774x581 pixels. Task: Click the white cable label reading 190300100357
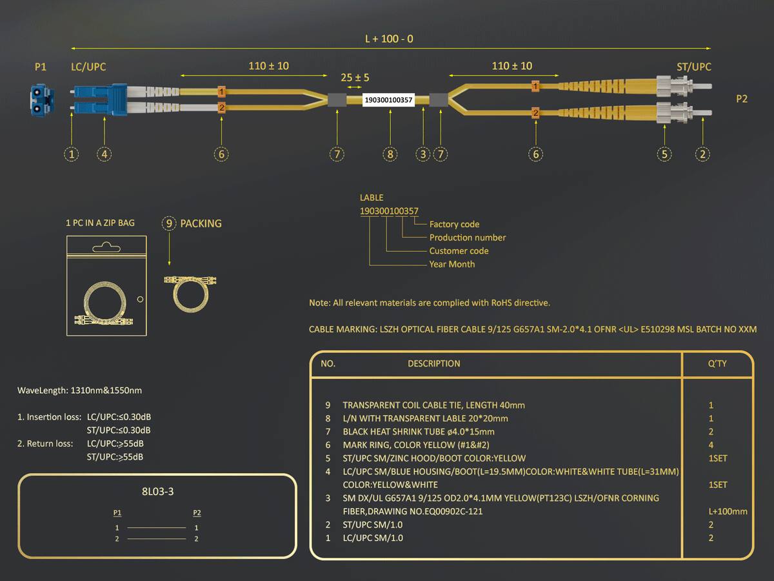tap(388, 100)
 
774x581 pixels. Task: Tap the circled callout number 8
tap(390, 154)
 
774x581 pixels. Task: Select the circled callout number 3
tap(422, 154)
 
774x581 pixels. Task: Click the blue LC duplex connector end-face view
tap(42, 100)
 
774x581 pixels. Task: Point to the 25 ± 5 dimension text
tap(355, 77)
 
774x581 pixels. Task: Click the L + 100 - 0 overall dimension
tap(389, 39)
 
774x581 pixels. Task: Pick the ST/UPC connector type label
tap(693, 66)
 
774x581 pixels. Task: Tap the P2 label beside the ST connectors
tap(742, 99)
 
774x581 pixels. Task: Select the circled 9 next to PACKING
tap(169, 223)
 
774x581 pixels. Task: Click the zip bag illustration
tap(106, 285)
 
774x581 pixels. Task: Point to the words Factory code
tap(454, 224)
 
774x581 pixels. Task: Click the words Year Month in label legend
tap(451, 264)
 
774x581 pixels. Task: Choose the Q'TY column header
tap(717, 363)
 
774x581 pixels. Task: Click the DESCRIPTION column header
tap(433, 363)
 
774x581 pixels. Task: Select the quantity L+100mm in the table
tap(728, 511)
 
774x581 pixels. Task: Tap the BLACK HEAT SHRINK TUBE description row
tap(419, 432)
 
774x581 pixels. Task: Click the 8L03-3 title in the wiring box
tap(157, 491)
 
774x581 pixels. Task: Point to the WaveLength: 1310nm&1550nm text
tap(80, 391)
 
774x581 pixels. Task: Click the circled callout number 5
tap(664, 154)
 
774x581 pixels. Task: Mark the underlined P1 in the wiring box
tap(117, 513)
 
